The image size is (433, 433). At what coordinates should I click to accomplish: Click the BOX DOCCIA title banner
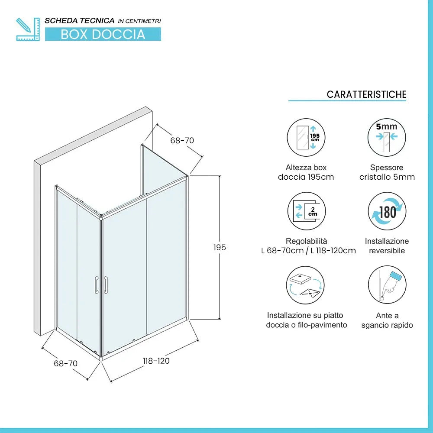[x=103, y=34]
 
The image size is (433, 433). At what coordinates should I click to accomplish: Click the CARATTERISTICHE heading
[x=366, y=94]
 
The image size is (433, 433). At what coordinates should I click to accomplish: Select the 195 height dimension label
[x=220, y=248]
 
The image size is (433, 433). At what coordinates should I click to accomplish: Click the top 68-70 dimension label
[x=182, y=140]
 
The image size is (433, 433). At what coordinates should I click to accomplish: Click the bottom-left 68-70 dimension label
[x=65, y=363]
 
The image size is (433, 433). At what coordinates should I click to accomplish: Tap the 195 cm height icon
[x=306, y=138]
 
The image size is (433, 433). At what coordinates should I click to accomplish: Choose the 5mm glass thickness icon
[x=387, y=138]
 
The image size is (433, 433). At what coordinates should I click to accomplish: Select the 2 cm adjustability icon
[x=306, y=211]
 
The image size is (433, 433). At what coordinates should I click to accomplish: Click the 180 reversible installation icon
[x=387, y=211]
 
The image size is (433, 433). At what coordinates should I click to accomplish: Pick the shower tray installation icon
[x=306, y=285]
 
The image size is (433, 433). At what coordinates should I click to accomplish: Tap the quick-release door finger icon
[x=387, y=285]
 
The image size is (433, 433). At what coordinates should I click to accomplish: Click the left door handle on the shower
[x=96, y=285]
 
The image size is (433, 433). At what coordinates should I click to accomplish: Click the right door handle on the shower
[x=105, y=285]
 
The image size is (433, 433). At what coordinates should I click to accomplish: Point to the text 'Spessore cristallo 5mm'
[x=387, y=172]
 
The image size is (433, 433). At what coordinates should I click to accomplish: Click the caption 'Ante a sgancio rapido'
[x=387, y=320]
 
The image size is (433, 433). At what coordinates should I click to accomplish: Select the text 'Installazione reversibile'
[x=387, y=246]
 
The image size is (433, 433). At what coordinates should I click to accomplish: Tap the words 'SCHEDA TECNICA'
[x=80, y=20]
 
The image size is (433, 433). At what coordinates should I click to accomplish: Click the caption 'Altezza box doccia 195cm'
[x=306, y=172]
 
